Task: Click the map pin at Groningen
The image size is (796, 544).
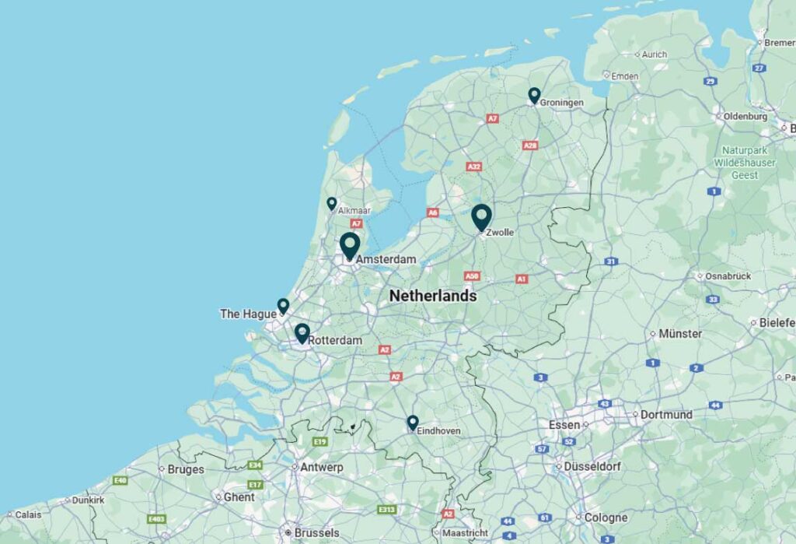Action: point(534,95)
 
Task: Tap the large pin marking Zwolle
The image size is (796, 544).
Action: point(481,216)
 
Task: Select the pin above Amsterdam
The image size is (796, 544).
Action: point(350,245)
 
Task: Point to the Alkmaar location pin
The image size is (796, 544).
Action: point(332,203)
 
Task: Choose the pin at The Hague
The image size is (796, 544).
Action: point(283,305)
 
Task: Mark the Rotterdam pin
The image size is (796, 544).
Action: point(302,333)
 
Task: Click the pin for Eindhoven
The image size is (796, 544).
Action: point(413,422)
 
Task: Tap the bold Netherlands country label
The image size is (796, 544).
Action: point(433,297)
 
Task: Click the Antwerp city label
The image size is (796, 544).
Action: point(321,468)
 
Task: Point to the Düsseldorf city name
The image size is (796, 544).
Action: point(593,467)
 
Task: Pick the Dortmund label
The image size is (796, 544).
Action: point(666,415)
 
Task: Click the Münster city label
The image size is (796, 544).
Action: point(680,334)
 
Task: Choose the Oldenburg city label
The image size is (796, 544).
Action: point(745,117)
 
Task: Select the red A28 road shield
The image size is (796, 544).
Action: point(531,146)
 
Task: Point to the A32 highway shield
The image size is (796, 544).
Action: point(473,167)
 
